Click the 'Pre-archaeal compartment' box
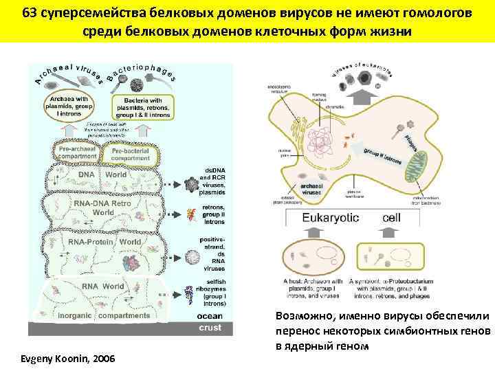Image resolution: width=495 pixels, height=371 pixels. [80, 153]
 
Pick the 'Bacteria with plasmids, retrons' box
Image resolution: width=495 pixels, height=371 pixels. [142, 107]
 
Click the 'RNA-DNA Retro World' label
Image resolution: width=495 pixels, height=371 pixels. [104, 207]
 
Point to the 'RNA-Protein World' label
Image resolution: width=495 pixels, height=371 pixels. [104, 243]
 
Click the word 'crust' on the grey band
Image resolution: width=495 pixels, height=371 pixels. [210, 328]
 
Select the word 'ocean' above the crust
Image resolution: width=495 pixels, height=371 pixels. [210, 316]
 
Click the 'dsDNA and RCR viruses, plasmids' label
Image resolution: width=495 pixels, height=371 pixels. [212, 181]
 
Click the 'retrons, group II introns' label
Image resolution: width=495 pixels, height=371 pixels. [214, 214]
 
